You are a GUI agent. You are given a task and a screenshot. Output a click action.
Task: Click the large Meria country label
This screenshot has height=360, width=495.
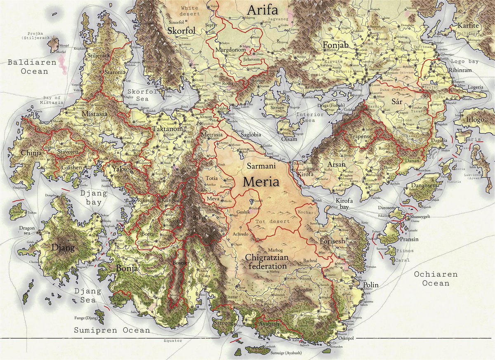261,181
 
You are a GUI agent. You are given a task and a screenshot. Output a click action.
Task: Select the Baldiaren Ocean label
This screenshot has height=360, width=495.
27,67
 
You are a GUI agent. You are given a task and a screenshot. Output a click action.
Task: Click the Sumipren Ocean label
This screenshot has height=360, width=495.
112,330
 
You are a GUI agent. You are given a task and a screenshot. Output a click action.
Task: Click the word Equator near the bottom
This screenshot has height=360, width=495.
173,341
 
